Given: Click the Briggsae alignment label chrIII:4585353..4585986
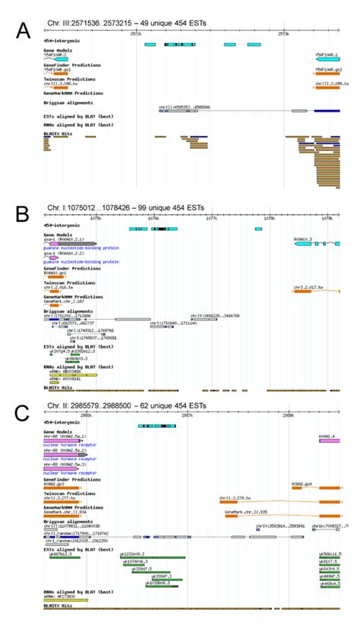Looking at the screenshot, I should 184,108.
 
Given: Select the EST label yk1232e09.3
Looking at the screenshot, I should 134,554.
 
